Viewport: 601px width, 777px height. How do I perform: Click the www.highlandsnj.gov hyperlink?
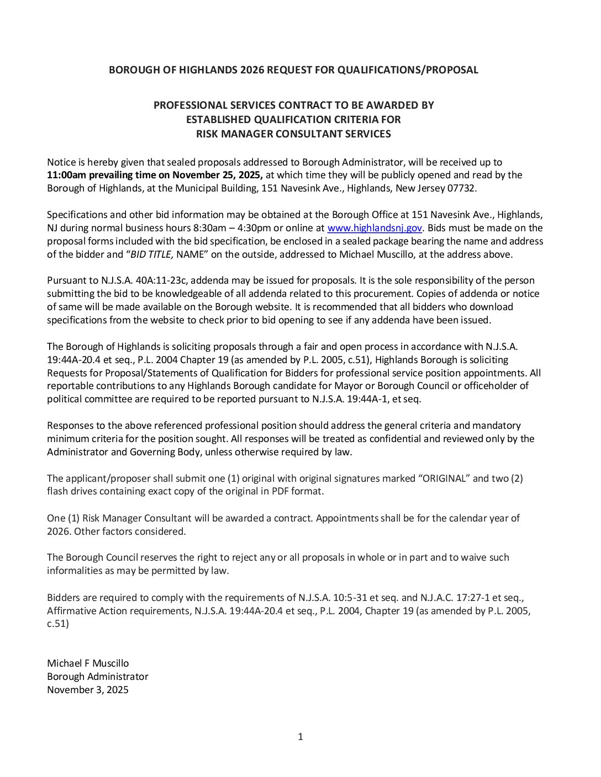[375, 228]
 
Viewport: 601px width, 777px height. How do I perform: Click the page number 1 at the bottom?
[300, 737]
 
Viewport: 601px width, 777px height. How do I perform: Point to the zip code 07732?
[462, 188]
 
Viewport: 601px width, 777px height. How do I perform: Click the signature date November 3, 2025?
[88, 690]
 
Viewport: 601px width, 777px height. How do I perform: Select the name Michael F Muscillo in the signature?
[88, 663]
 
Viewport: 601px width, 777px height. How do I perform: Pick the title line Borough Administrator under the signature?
[98, 677]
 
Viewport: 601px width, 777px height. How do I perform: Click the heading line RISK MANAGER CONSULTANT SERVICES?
[293, 134]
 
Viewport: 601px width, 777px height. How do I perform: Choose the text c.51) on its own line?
[58, 624]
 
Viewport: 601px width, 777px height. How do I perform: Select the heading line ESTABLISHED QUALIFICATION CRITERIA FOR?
[293, 120]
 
